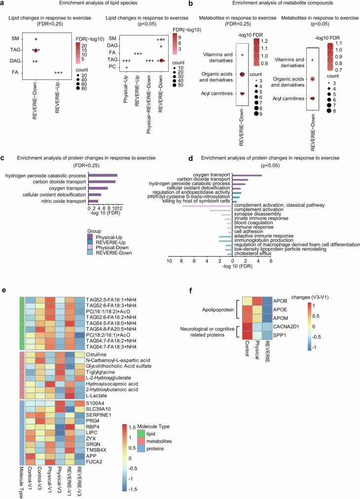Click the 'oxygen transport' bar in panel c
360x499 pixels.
pyautogui.click(x=98, y=188)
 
